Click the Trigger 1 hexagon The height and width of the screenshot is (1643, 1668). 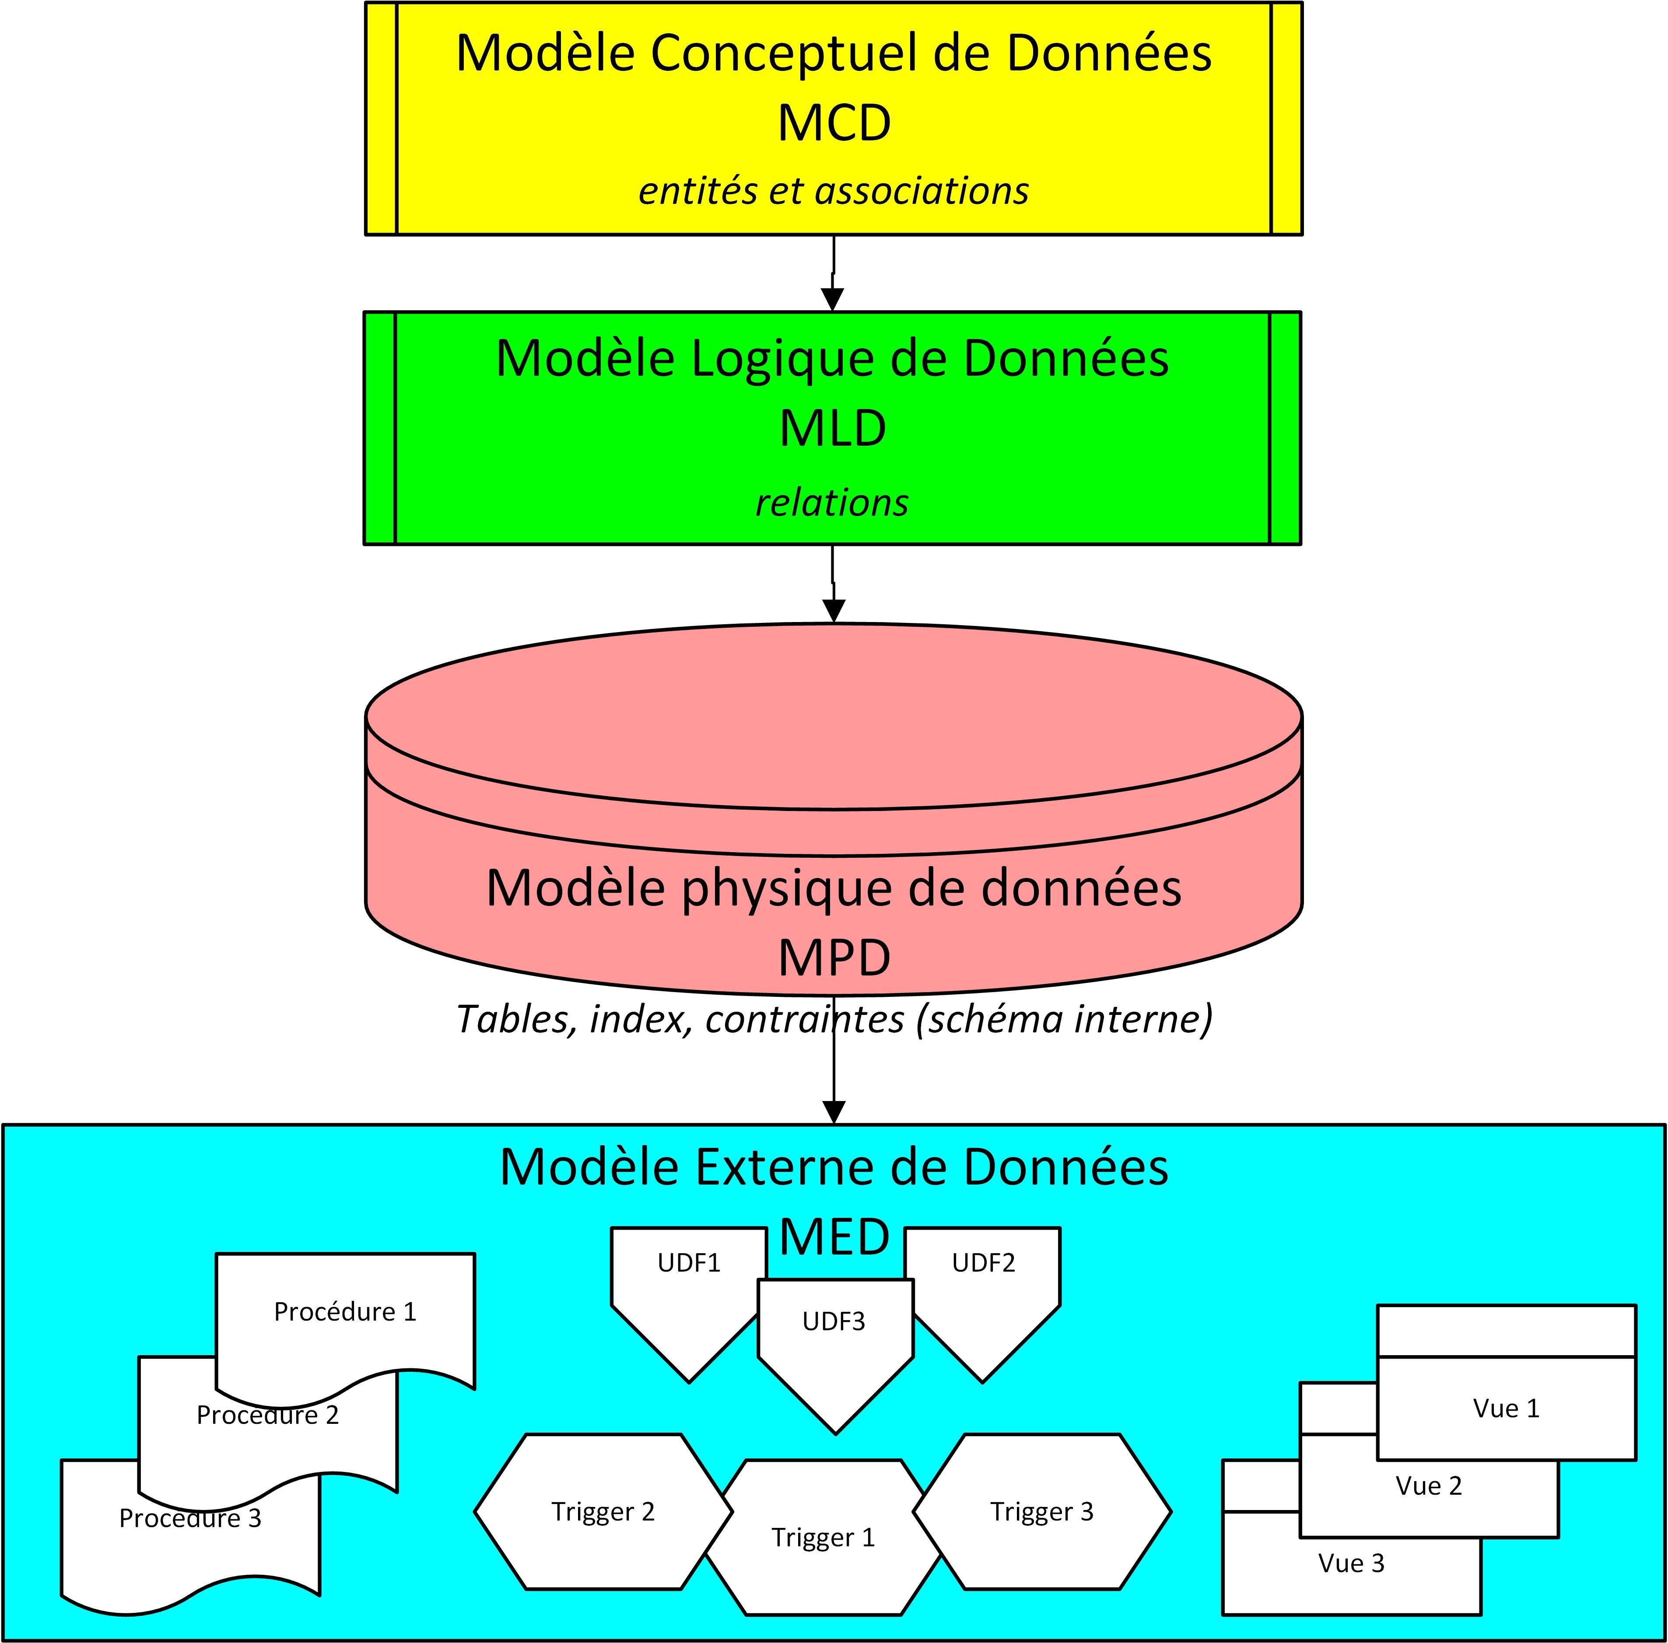pyautogui.click(x=823, y=1538)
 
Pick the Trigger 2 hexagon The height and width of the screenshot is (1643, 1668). pyautogui.click(x=603, y=1512)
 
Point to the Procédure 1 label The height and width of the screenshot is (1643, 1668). pyautogui.click(x=344, y=1311)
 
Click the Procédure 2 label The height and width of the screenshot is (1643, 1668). pyautogui.click(x=268, y=1415)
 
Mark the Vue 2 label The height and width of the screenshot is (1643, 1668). pyautogui.click(x=1429, y=1486)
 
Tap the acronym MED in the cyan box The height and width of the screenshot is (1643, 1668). pyautogui.click(x=834, y=1237)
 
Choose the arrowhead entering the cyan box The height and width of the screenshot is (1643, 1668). pyautogui.click(x=834, y=1112)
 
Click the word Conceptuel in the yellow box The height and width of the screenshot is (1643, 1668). pyautogui.click(x=784, y=53)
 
